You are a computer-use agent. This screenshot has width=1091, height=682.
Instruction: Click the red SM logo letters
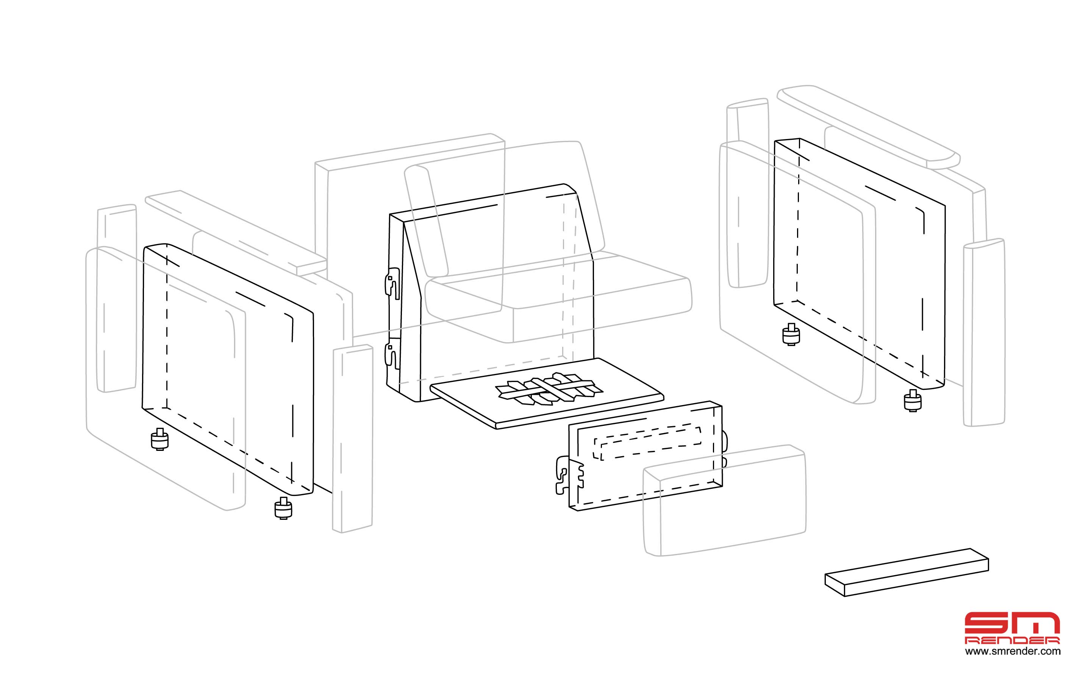coord(1012,623)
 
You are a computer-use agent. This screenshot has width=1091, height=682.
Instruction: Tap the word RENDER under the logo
coord(1012,640)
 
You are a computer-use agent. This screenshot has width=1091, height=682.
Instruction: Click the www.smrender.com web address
coord(1013,651)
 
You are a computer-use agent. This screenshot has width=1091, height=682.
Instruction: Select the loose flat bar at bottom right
coord(907,573)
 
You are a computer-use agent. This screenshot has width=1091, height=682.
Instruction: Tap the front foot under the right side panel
coord(913,400)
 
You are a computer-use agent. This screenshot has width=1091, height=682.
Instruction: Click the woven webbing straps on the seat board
coord(549,389)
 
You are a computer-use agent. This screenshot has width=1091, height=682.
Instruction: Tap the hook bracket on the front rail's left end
coord(569,476)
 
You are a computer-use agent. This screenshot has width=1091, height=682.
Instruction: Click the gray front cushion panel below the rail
coord(724,500)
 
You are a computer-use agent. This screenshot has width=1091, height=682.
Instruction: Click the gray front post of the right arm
coord(984,332)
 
